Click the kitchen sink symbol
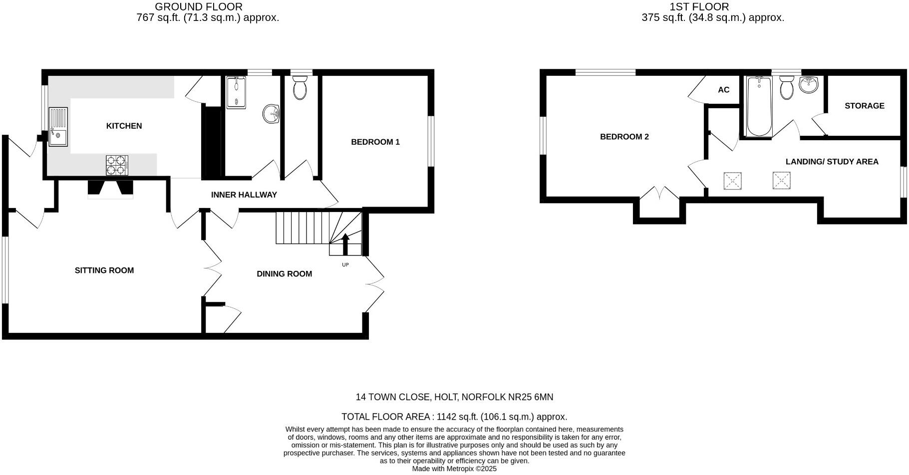point(58,126)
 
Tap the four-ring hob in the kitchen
point(117,165)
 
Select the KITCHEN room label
point(124,126)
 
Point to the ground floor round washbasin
point(271,113)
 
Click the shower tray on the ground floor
point(235,92)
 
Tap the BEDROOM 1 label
point(375,142)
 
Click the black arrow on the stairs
point(345,244)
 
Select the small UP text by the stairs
point(345,265)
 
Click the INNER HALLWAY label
point(244,195)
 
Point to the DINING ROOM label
point(284,274)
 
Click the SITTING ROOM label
point(104,270)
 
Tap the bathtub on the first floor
point(759,106)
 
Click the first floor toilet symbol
point(787,88)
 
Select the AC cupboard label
point(723,90)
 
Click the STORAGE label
point(864,106)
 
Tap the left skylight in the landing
point(732,181)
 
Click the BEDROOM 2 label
point(624,137)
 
